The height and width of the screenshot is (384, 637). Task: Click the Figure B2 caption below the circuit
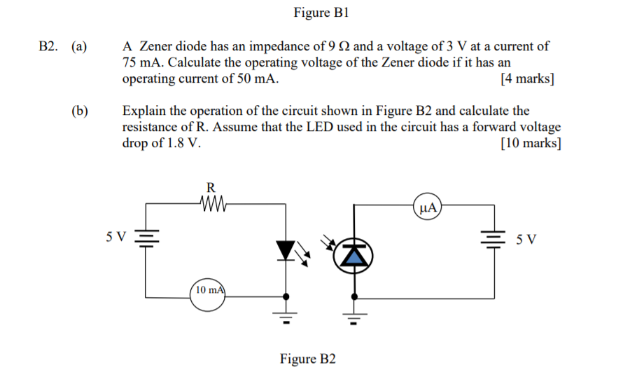click(x=308, y=359)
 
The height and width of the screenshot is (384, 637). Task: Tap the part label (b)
click(x=79, y=111)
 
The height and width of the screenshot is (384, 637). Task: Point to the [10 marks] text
click(x=531, y=143)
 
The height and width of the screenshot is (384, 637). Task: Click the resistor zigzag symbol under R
click(x=210, y=204)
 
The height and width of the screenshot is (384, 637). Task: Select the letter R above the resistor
click(x=210, y=187)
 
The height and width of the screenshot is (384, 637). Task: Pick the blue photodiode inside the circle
click(x=356, y=256)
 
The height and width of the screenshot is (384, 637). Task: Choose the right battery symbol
click(x=496, y=238)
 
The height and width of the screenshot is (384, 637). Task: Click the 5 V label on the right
click(x=526, y=240)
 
